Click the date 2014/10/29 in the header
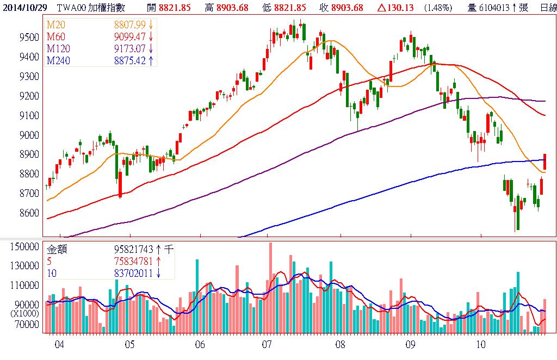coord(24,7)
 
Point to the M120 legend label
coord(58,48)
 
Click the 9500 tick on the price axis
coord(29,37)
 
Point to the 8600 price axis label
coord(29,213)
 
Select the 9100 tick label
coord(29,115)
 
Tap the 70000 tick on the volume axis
coord(27,325)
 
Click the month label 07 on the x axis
coord(267,344)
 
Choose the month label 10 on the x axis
coord(480,344)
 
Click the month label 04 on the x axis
coord(59,344)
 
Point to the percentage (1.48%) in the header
coord(437,7)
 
